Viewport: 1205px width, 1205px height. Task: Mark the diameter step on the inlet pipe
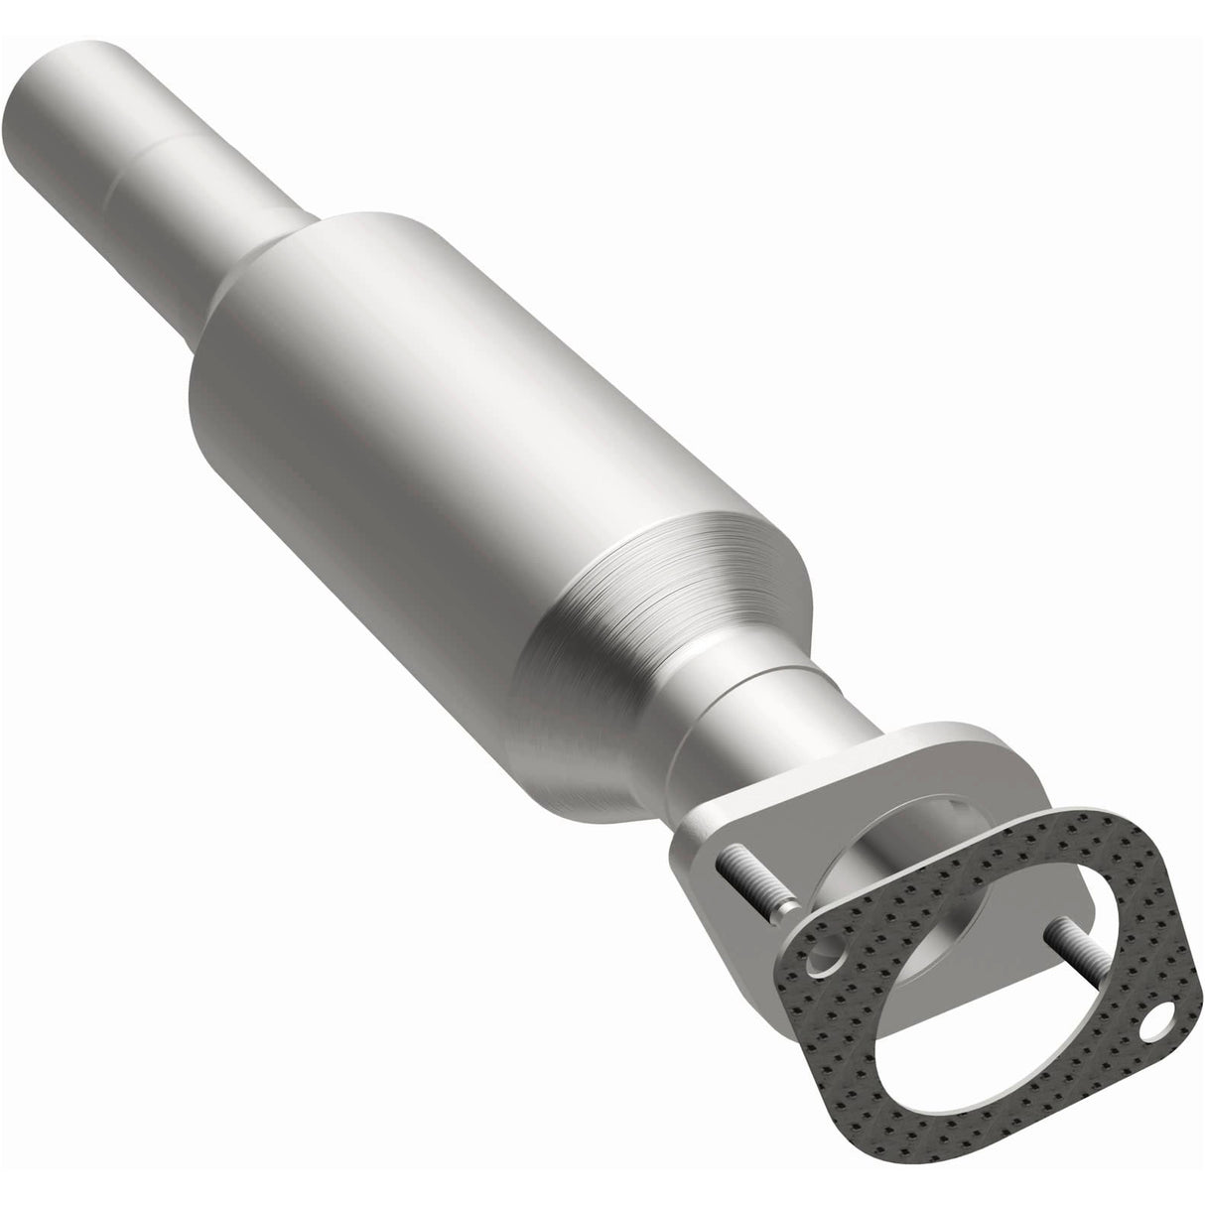[169, 149]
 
